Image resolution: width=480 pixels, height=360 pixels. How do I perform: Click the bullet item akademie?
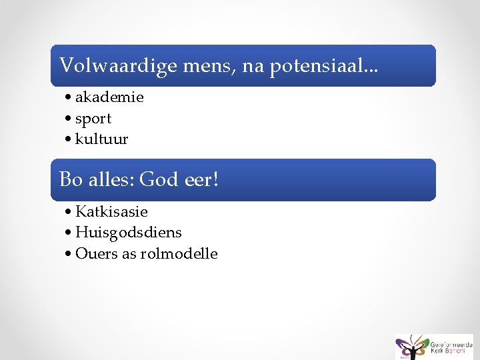point(109,97)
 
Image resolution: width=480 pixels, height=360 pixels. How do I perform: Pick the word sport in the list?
point(93,119)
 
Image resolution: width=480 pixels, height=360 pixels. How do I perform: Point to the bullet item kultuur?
point(102,139)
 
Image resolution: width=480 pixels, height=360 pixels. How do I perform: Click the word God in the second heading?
point(159,180)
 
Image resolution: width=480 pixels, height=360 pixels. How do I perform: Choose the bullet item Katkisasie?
point(111,212)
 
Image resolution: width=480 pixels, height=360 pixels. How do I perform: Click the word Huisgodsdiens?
point(129,233)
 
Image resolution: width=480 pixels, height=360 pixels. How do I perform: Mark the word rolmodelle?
point(179,254)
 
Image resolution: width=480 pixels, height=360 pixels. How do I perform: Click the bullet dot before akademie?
point(69,98)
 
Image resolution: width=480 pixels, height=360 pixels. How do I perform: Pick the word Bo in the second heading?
point(71,180)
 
